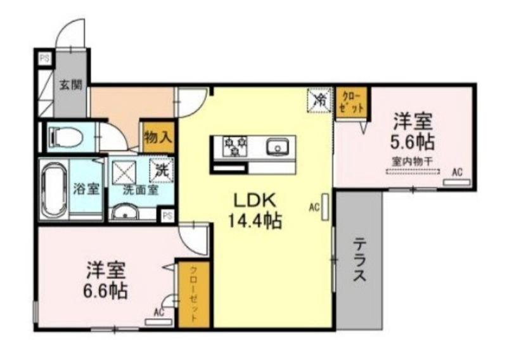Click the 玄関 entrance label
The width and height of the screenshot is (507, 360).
[x=71, y=84]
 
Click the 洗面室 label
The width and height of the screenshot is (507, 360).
[x=140, y=188]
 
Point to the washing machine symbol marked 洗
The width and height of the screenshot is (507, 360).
[x=161, y=170]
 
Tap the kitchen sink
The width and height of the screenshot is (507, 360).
[x=277, y=148]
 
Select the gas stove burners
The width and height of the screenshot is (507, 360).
[x=234, y=147]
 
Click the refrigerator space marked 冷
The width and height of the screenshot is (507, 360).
[x=321, y=99]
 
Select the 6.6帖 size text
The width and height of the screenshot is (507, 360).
[x=106, y=292]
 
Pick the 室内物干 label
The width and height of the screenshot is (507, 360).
[x=413, y=162]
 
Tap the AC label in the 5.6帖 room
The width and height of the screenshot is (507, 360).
[x=457, y=171]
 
